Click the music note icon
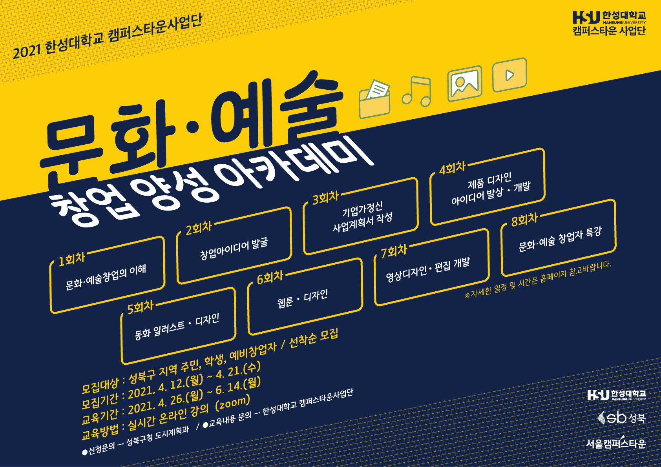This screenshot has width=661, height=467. [416, 91]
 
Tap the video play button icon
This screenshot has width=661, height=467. [509, 75]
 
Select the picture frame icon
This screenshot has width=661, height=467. [465, 84]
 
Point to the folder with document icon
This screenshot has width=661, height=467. [374, 99]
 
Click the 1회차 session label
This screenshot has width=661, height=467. [72, 259]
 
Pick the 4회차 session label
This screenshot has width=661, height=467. [452, 168]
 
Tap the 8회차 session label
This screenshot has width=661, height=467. [524, 220]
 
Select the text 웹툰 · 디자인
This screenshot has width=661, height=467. [303, 298]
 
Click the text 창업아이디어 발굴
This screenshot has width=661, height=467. [234, 249]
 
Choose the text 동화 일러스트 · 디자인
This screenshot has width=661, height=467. [177, 327]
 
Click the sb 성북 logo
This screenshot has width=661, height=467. [621, 418]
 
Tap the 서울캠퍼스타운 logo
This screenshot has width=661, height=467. [616, 443]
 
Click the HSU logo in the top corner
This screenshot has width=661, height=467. [609, 23]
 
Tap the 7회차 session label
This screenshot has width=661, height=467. [394, 251]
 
